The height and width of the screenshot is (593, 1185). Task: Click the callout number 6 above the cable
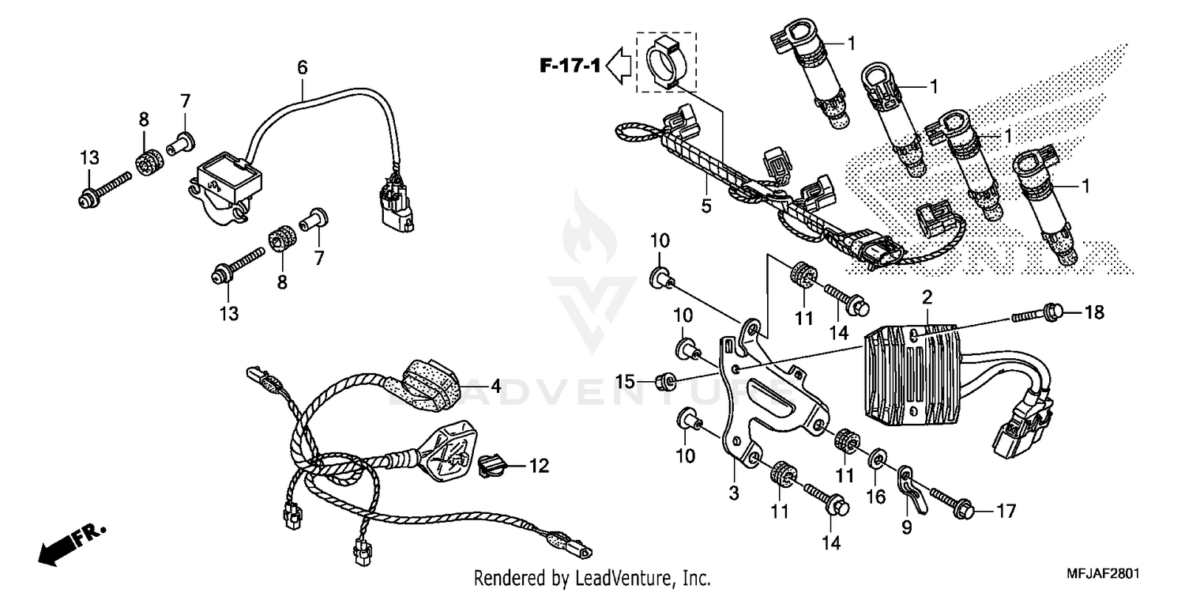tap(302, 69)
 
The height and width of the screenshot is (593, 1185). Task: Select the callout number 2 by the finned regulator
tap(927, 297)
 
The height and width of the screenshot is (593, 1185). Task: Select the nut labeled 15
tap(666, 383)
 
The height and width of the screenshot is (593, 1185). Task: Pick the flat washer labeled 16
tap(877, 459)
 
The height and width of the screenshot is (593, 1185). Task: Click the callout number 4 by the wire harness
tap(495, 387)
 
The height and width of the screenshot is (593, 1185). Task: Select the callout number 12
tap(538, 466)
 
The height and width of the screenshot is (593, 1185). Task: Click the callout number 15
tap(625, 383)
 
